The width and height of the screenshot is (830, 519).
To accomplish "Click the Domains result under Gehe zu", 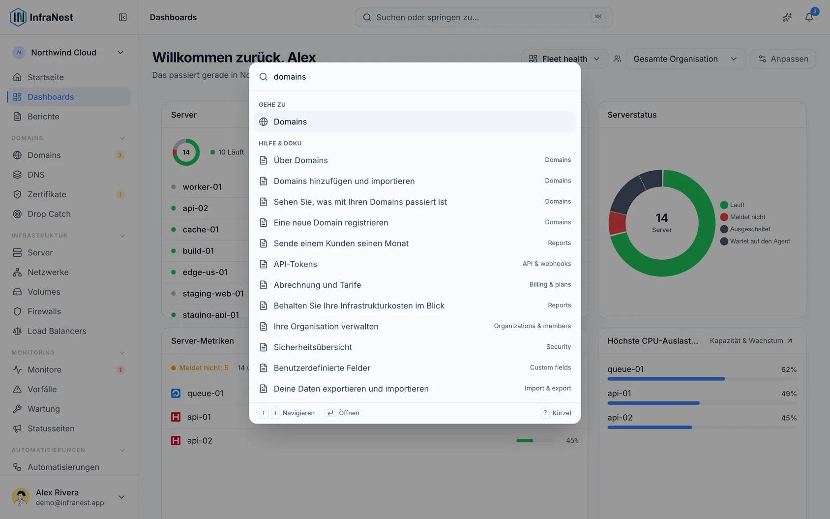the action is click(415, 122).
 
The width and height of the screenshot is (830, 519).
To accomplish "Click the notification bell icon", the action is click(809, 17).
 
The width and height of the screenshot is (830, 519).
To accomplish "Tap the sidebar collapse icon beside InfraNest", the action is click(122, 17).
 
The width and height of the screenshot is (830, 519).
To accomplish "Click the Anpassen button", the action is click(783, 59).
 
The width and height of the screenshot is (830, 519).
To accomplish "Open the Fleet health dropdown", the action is click(564, 59).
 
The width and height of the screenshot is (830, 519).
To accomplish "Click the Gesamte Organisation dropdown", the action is click(685, 59).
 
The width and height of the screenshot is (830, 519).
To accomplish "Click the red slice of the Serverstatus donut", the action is click(617, 223).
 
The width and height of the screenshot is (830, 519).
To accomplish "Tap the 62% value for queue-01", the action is click(789, 369).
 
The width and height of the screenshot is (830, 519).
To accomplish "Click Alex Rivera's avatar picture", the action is click(21, 497).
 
